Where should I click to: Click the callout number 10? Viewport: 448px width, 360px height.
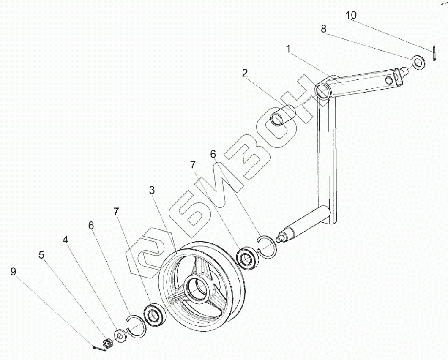pos(351,16)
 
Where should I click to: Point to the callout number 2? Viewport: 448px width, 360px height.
pos(245,73)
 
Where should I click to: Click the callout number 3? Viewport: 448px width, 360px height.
pos(152,191)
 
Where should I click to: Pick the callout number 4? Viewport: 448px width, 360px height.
pos(65,240)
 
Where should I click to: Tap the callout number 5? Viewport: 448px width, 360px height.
pos(41,255)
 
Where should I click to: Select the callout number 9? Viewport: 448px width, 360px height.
pos(13,272)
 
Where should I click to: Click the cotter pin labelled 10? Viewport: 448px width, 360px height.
pos(434,55)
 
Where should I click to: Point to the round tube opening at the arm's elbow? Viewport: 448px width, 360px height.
pos(322,91)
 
